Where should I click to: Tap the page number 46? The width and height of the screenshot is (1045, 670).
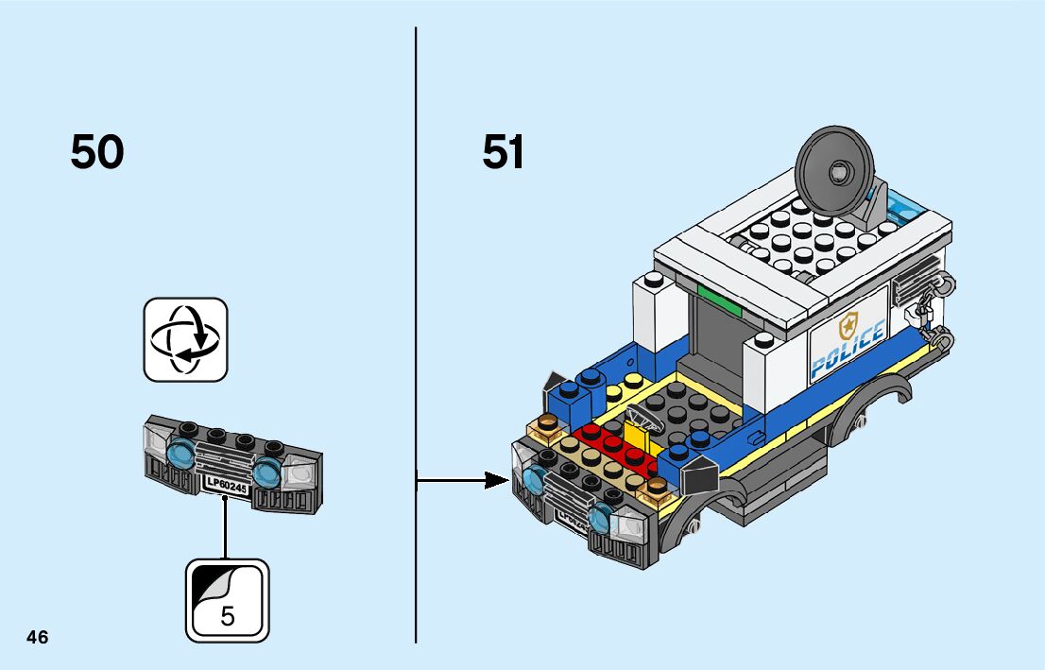pos(38,637)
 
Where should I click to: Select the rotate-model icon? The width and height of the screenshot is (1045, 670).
pos(186,340)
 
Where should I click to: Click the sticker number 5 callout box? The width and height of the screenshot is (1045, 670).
pos(228,601)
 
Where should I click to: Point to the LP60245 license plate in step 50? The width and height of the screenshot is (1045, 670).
pos(227,485)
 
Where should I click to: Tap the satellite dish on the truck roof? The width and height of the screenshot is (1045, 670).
pos(836,172)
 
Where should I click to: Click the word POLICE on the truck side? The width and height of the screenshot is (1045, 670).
pos(848,347)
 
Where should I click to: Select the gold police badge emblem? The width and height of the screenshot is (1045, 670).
pos(848,325)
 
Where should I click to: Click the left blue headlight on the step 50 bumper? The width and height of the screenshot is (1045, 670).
pos(180,451)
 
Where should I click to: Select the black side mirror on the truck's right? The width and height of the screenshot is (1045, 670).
pos(698,473)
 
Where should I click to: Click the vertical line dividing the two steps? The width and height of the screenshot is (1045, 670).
pos(416,335)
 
